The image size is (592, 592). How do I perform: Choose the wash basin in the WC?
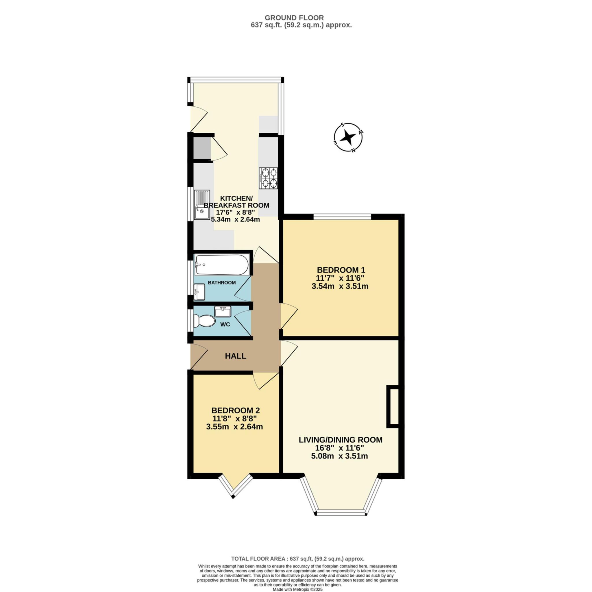[223, 312]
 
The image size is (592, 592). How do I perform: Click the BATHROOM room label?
[222, 282]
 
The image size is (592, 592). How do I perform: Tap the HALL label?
[236, 356]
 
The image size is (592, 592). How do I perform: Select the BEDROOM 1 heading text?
[341, 270]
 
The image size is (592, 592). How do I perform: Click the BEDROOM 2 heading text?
[236, 410]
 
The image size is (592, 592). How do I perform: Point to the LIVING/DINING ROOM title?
[341, 440]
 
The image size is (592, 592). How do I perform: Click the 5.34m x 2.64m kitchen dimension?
[236, 219]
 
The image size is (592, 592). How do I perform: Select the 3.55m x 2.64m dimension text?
[234, 427]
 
